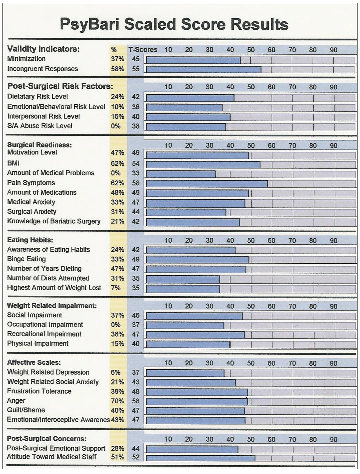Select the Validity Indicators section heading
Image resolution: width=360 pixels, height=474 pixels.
43,49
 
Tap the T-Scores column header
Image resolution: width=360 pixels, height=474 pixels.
143,50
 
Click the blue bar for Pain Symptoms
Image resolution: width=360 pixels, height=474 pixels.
207,183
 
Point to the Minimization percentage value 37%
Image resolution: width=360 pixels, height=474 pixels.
117,59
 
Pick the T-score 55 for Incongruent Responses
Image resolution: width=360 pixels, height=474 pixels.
136,69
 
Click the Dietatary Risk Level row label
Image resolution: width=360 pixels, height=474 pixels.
37,97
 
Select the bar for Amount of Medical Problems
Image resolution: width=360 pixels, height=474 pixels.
181,174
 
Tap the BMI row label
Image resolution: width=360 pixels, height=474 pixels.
13,163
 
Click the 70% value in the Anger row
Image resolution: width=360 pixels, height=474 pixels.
117,401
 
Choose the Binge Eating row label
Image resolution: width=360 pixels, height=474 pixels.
26,259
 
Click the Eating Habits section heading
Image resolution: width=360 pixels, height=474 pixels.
30,240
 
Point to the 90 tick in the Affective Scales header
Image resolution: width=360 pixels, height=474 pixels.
333,363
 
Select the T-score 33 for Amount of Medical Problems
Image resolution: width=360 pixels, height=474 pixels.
136,173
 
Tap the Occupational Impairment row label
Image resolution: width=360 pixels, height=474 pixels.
45,325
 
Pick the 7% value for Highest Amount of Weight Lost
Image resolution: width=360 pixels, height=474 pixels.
116,288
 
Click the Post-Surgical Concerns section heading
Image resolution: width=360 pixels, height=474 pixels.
46,439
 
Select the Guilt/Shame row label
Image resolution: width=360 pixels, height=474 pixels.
26,410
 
